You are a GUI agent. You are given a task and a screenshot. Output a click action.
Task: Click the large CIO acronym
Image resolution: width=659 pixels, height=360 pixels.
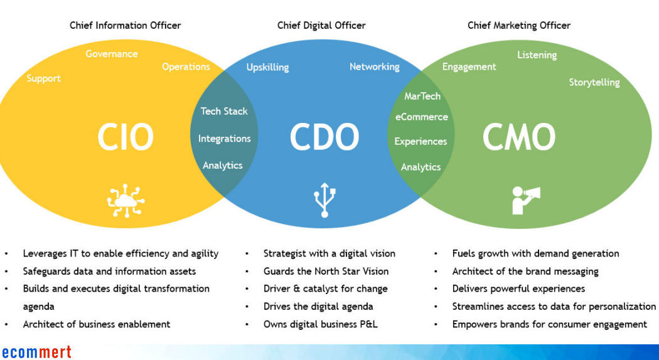point(125,137)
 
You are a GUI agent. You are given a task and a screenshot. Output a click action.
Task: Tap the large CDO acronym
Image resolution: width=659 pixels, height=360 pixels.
point(324,137)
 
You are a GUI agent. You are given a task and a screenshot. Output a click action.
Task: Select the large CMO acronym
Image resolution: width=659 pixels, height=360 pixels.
point(518,137)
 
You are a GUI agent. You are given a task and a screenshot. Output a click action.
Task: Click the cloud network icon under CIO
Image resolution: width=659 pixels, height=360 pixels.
point(126,201)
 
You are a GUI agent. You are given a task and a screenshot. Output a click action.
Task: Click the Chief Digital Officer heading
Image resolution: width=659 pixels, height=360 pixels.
point(321,26)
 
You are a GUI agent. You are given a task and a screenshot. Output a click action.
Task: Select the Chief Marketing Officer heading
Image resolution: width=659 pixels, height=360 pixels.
point(519,26)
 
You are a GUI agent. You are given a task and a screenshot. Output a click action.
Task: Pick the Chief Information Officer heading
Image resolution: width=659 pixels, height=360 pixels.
point(125,26)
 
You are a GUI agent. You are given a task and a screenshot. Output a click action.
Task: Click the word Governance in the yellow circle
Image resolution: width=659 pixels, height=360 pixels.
point(112,54)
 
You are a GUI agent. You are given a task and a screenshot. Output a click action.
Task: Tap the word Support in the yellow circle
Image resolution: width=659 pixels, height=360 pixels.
point(43,78)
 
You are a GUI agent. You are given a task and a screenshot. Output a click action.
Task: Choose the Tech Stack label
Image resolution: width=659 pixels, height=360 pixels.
point(224,111)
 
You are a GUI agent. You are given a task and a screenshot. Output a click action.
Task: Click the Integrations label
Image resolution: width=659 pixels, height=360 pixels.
point(224,139)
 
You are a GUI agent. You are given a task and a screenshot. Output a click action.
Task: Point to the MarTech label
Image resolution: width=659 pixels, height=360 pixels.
point(422,96)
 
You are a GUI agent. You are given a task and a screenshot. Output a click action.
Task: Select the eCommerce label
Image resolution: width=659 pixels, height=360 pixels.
point(421,117)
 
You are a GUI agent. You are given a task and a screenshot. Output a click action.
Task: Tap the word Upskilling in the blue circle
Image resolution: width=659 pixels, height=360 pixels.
point(267,67)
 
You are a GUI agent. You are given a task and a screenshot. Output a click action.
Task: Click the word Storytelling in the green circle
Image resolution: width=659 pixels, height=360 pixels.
point(594,82)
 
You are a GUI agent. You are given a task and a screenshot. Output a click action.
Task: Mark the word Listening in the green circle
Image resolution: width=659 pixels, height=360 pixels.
point(537,55)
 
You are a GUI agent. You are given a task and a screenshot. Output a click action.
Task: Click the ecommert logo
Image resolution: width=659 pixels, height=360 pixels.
point(36,352)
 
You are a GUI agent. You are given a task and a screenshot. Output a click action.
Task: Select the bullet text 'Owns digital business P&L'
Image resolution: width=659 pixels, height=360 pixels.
point(320,324)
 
